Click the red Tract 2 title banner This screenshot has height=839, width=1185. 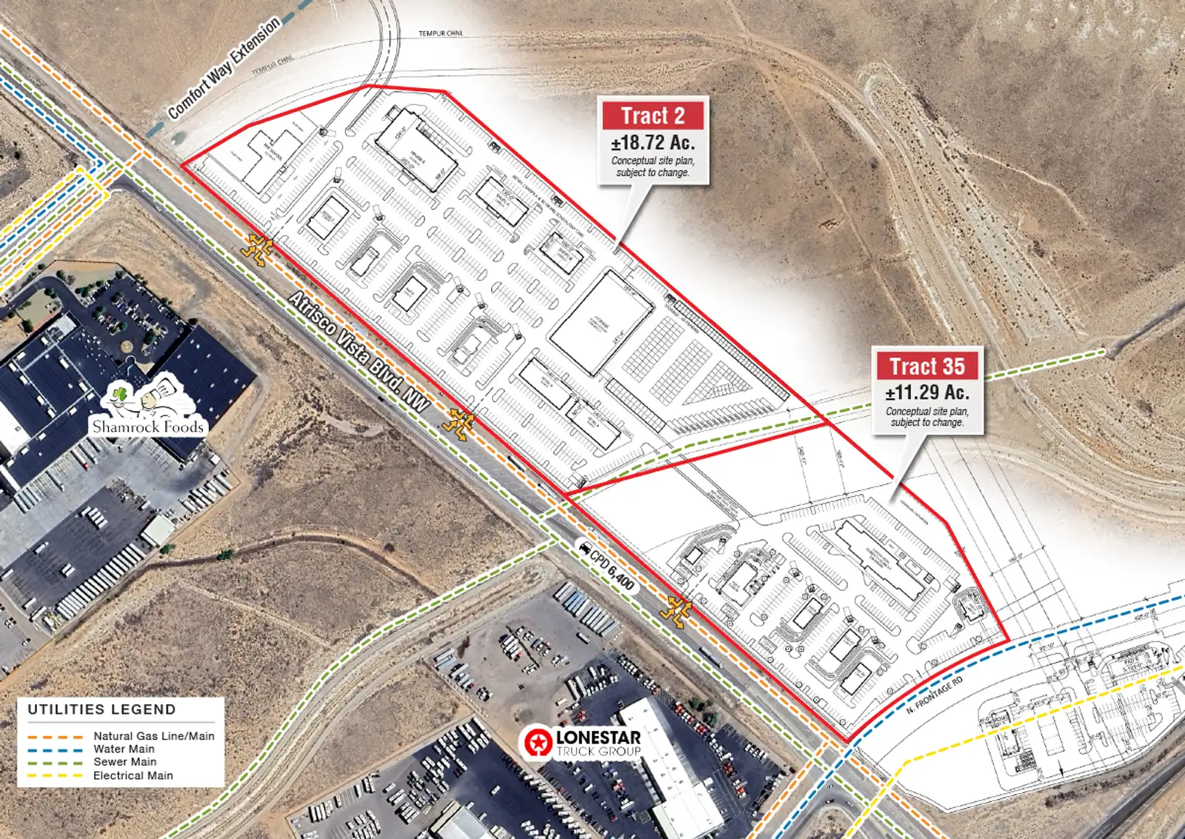[x=652, y=116]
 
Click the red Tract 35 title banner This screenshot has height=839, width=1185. [x=927, y=367]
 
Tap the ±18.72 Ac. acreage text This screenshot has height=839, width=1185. [x=652, y=142]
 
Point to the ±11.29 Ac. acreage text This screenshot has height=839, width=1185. [x=927, y=392]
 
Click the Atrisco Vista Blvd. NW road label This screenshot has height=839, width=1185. [x=359, y=351]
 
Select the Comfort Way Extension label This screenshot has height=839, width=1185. [x=224, y=67]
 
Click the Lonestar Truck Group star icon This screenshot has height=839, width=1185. [x=538, y=742]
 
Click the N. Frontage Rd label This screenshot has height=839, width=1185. [x=935, y=695]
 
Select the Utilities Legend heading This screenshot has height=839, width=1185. [x=102, y=709]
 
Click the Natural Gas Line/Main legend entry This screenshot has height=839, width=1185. [x=154, y=736]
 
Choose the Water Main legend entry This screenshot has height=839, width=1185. [x=124, y=749]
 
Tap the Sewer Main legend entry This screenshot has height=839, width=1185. [x=124, y=761]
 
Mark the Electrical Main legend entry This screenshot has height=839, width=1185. [x=133, y=775]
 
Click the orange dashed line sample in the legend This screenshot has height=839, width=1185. [x=55, y=737]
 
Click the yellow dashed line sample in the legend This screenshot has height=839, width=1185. [x=55, y=776]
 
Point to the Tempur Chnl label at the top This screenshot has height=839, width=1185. [x=441, y=33]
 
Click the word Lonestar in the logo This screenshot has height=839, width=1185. [x=598, y=737]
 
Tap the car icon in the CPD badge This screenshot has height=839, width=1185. [x=586, y=549]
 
